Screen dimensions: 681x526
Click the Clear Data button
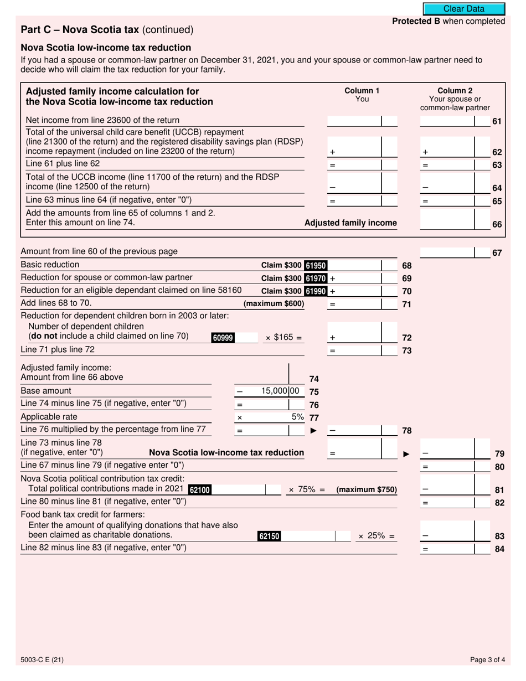pos(464,9)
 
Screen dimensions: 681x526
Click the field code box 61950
pos(316,265)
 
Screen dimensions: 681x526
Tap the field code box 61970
pos(316,278)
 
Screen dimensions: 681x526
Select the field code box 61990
pos(316,291)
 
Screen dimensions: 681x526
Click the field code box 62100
pos(200,490)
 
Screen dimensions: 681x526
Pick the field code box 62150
pos(269,536)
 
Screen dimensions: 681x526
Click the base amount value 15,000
pos(280,391)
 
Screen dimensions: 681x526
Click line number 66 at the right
pos(497,224)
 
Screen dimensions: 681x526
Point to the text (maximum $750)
pos(367,490)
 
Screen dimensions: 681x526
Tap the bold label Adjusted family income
pos(351,223)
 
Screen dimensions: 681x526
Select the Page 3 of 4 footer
pos(487,659)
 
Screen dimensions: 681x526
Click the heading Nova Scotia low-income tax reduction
pos(106,48)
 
